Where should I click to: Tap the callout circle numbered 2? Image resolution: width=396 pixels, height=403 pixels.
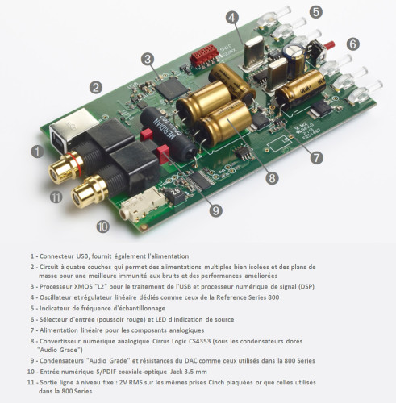click(x=96, y=87)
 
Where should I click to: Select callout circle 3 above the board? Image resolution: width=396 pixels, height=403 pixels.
click(x=147, y=58)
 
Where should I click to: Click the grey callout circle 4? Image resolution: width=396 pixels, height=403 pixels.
click(x=231, y=16)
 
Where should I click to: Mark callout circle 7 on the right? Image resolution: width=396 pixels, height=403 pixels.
click(x=317, y=158)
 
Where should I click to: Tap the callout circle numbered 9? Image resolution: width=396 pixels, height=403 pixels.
click(x=215, y=210)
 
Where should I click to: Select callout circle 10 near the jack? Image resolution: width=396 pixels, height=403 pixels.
click(x=102, y=226)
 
